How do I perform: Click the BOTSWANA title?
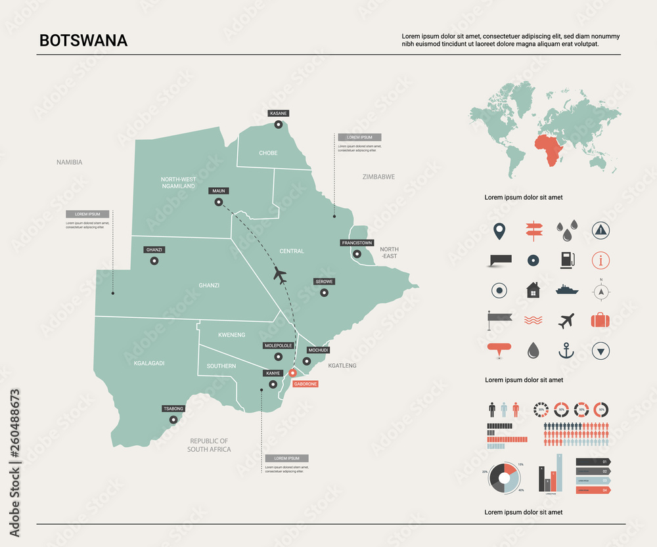83,40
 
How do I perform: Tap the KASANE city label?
279,114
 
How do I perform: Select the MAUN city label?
219,191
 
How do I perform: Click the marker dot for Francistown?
357,254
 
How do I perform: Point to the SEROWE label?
324,282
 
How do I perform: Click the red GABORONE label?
306,383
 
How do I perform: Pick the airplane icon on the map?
281,275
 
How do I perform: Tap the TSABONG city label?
173,408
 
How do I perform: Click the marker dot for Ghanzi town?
154,261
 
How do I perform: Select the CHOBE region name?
268,153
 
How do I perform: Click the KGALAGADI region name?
149,363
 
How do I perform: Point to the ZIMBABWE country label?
378,177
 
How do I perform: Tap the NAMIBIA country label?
70,162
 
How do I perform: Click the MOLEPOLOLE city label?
278,345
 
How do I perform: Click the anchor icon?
566,351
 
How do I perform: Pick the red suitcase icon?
600,320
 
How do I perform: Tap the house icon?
533,290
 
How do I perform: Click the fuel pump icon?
566,260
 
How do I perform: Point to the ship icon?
566,289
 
